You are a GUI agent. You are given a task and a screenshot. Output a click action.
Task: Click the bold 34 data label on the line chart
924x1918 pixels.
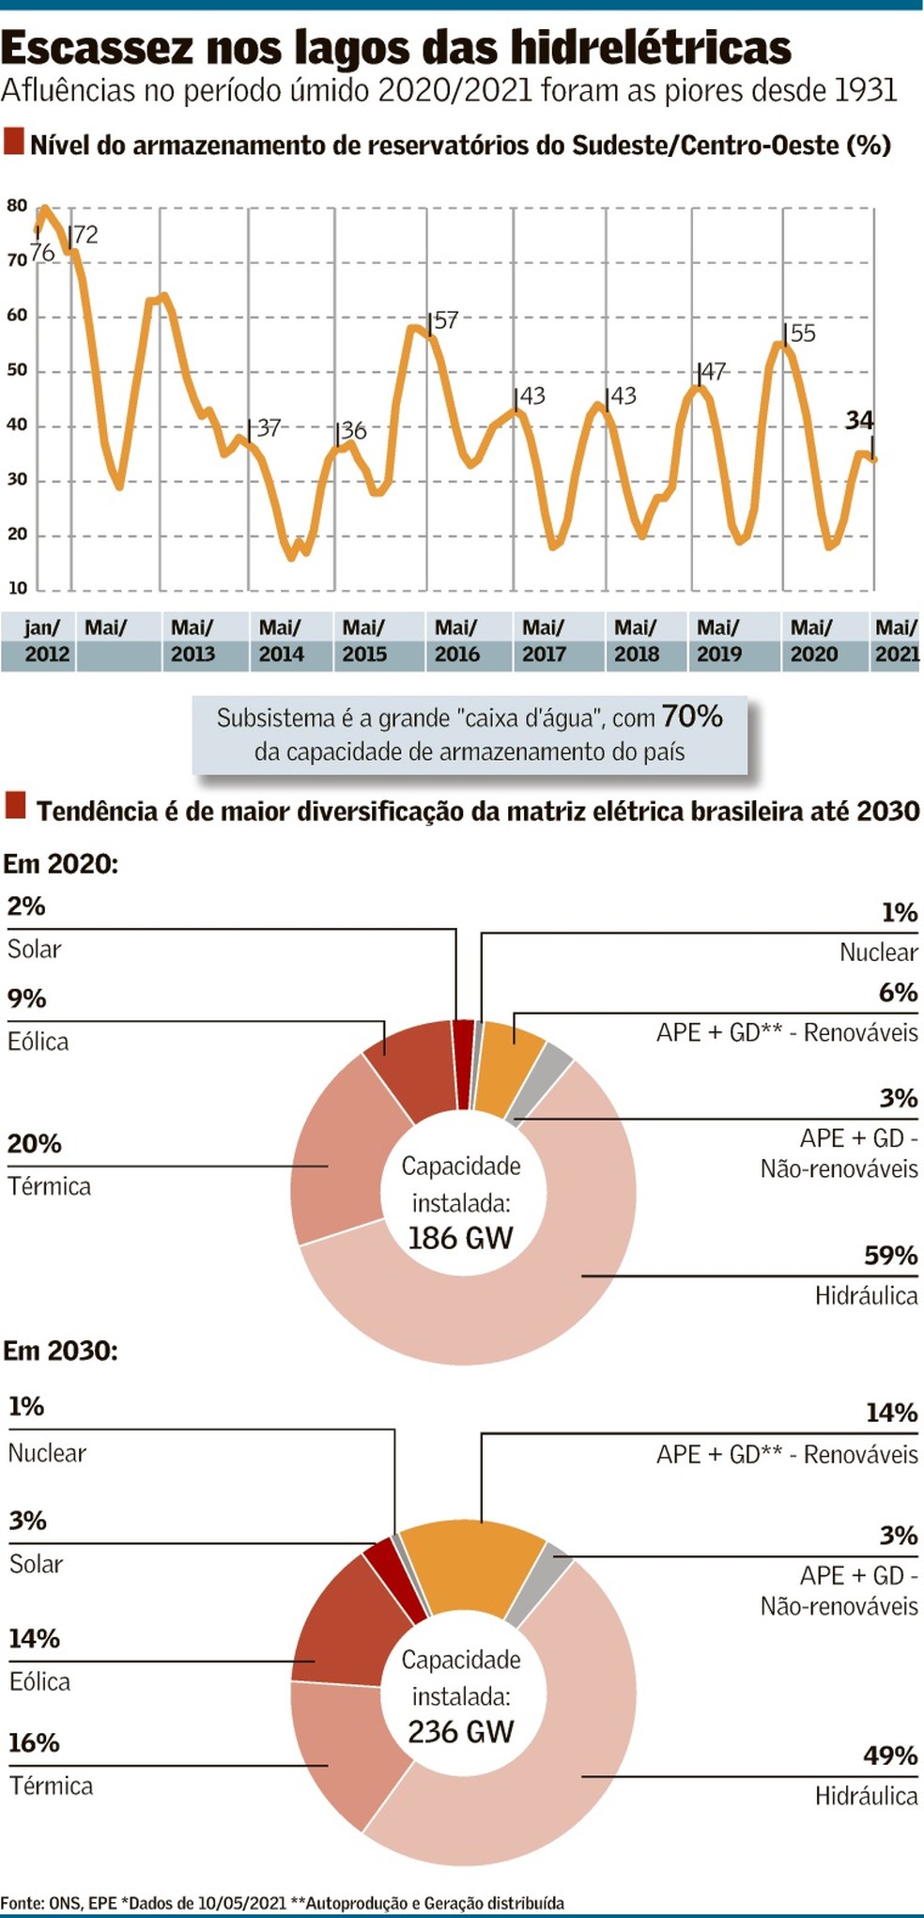click(858, 420)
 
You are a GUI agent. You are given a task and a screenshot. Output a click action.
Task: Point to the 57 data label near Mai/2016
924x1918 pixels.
click(446, 320)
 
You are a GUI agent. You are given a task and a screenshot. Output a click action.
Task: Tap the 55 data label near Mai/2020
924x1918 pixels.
click(803, 333)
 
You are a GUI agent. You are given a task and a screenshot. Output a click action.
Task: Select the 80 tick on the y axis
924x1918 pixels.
click(17, 206)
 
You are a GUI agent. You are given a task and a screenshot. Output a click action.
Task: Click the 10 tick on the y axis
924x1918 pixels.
click(17, 589)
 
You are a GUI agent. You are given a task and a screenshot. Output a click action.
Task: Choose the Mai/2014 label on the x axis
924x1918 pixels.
click(280, 641)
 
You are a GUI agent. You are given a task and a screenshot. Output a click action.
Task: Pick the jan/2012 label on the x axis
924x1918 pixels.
click(44, 641)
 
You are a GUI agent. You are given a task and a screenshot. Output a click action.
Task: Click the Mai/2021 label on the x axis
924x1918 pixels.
click(896, 641)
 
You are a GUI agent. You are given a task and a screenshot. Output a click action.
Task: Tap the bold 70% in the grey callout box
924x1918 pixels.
click(692, 717)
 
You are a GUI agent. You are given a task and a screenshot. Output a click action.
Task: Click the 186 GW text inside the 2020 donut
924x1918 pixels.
click(460, 1238)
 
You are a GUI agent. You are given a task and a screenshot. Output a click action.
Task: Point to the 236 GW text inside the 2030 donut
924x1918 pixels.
click(460, 1731)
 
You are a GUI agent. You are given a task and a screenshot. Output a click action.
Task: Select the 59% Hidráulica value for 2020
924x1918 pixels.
click(890, 1256)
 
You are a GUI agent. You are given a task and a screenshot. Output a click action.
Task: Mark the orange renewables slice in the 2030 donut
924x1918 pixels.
click(474, 1564)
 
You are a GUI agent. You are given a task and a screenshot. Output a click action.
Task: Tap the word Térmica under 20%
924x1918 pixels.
click(50, 1186)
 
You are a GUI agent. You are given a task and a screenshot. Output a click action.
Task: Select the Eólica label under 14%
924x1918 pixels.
click(39, 1681)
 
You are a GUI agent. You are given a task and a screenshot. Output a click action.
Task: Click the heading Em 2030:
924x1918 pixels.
click(60, 1351)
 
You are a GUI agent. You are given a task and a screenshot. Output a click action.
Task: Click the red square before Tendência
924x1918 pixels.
click(15, 805)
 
